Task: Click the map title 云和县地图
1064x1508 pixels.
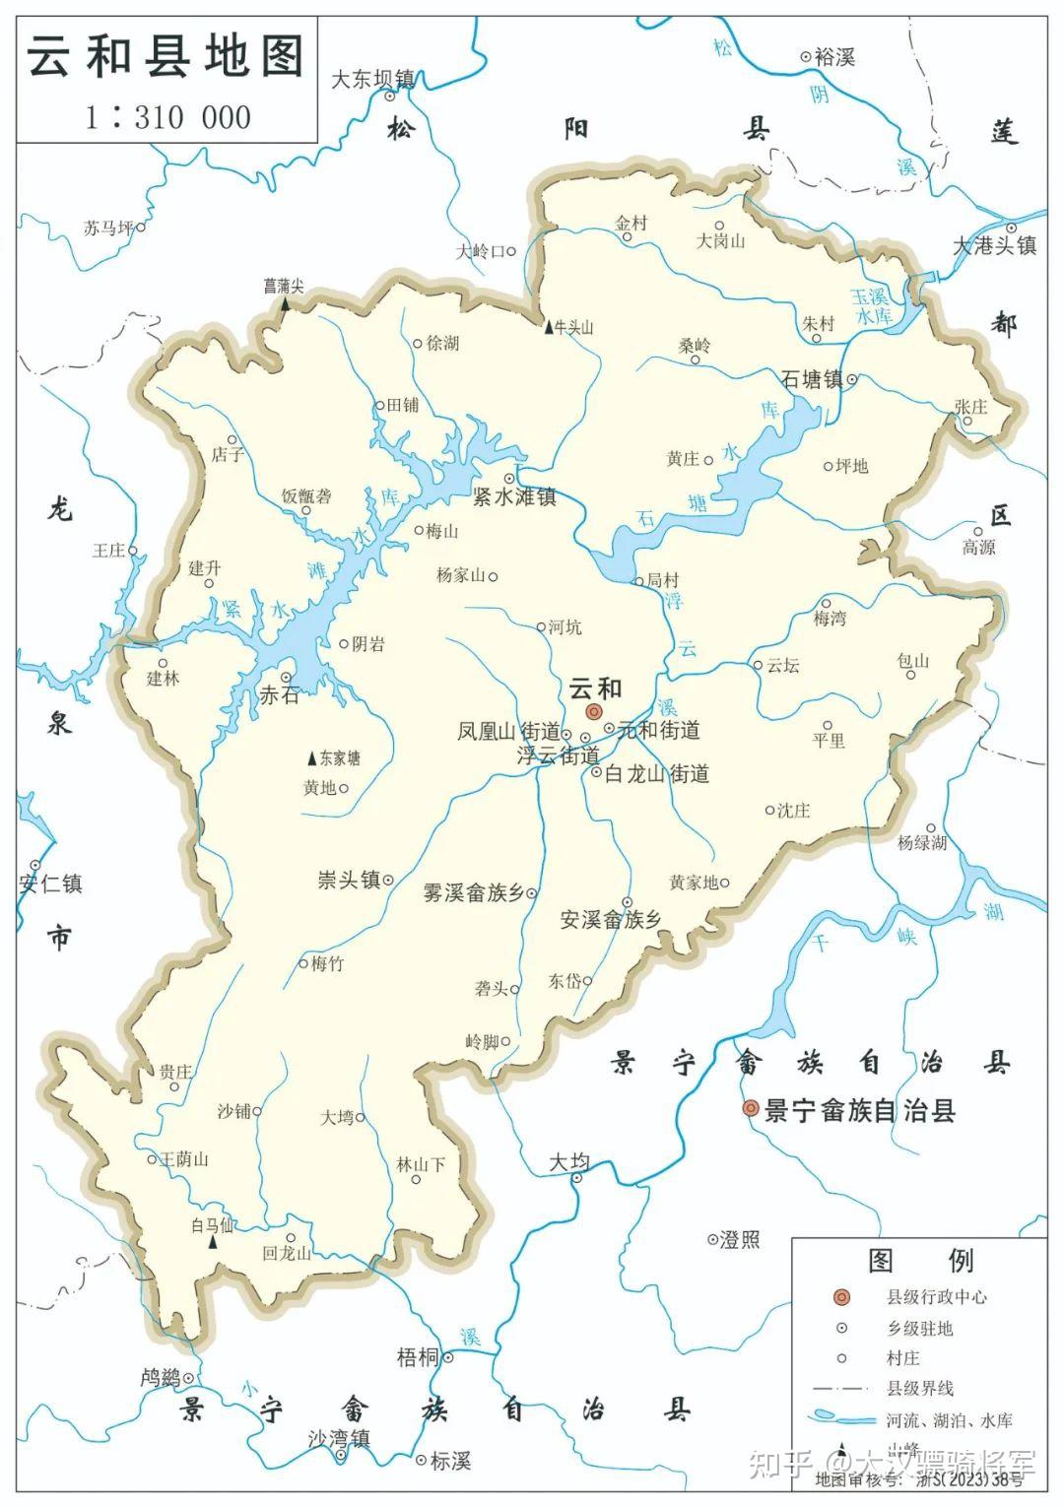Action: pos(165,57)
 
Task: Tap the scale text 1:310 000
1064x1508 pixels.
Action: pos(166,117)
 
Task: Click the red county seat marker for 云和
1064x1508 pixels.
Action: pos(593,712)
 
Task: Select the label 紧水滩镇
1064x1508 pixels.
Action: pos(514,497)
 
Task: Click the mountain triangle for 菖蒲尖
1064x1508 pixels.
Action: pos(285,304)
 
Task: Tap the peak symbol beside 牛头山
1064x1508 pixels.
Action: pos(549,327)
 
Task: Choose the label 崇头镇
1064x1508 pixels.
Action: pos(349,880)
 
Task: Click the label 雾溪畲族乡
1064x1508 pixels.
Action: pos(473,893)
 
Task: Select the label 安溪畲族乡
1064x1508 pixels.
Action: pos(611,920)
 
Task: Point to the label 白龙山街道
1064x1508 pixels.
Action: pos(656,774)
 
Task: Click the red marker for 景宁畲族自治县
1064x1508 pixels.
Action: pos(751,1109)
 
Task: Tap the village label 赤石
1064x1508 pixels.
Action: pos(278,694)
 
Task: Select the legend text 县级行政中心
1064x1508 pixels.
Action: pos(936,1297)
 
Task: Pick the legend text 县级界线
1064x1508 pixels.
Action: pos(919,1388)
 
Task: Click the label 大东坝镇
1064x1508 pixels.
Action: pos(371,79)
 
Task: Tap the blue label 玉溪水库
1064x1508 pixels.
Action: pos(871,306)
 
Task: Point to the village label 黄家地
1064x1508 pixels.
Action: pos(694,883)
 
